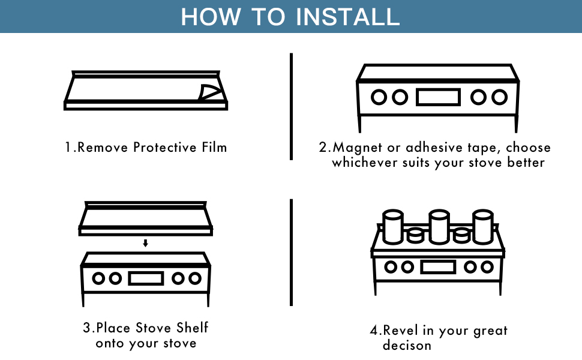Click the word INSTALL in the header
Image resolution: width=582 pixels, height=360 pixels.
point(347,16)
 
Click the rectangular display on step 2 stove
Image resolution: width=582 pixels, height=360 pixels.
point(438,97)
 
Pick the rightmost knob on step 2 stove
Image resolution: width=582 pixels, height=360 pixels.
point(499,97)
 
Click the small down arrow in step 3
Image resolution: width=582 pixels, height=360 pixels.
point(145,243)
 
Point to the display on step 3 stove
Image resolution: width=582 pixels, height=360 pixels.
point(145,278)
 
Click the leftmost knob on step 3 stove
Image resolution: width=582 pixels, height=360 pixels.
point(98,278)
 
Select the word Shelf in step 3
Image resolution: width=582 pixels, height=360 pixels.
point(193,328)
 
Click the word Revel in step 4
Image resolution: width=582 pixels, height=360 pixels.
point(400,330)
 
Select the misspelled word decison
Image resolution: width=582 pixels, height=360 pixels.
point(407,346)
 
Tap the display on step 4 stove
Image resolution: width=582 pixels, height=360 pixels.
point(437,267)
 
